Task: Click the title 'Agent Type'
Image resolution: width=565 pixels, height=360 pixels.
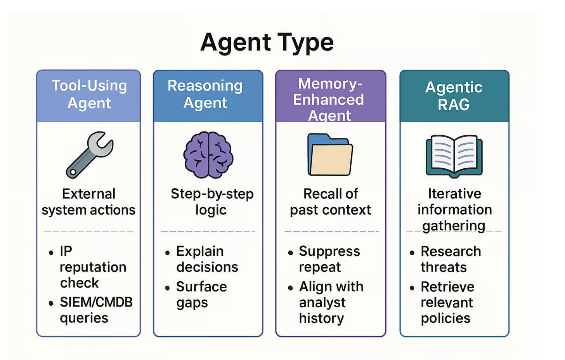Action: (x=267, y=43)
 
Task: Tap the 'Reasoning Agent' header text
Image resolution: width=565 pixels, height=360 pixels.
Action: (x=205, y=94)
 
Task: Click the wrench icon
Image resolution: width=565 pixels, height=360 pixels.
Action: (x=89, y=155)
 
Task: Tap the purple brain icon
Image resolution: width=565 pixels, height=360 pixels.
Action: (x=208, y=155)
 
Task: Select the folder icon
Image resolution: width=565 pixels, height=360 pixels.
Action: (x=330, y=154)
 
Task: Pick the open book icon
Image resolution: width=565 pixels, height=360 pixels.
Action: (x=454, y=156)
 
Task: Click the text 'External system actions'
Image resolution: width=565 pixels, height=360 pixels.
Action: (x=88, y=202)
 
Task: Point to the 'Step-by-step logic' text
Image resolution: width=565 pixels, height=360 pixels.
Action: (x=212, y=202)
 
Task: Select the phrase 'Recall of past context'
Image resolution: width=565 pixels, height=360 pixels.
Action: (x=331, y=202)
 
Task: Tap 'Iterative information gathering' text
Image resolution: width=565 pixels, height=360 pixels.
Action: (x=454, y=210)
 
